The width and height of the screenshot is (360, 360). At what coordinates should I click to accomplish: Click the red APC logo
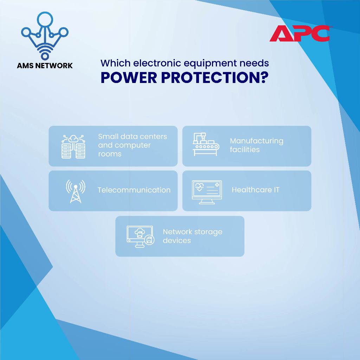(300, 33)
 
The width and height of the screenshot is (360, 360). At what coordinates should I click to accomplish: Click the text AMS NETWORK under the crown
(45, 66)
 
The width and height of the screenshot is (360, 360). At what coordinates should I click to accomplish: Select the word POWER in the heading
(129, 78)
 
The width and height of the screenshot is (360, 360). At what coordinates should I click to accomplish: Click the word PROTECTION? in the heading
(214, 78)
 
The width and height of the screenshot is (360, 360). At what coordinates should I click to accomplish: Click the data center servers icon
(73, 147)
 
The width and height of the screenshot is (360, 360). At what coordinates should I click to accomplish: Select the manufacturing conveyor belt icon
(206, 144)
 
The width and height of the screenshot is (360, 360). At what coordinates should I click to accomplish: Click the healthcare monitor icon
(207, 192)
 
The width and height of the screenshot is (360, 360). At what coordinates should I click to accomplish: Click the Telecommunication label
(134, 190)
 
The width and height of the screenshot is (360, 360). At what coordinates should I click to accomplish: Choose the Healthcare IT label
(256, 190)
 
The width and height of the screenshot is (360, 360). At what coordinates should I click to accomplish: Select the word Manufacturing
(256, 141)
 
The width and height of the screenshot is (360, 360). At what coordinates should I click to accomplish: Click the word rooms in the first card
(110, 154)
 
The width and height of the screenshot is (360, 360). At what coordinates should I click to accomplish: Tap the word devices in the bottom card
(177, 240)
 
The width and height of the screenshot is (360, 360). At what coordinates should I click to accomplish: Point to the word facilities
(245, 150)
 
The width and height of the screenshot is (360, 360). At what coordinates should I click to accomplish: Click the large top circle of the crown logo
(45, 19)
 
